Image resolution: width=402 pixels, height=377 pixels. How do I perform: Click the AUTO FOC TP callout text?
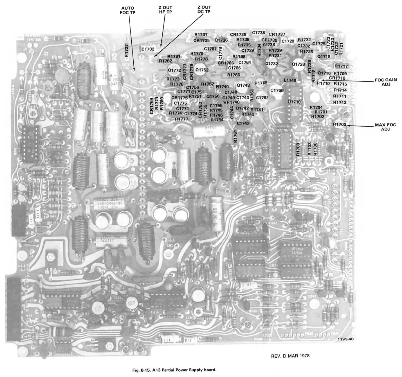127,10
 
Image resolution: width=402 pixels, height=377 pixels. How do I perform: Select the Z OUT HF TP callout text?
165,10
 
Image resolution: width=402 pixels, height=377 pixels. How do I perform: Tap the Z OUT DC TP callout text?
204,9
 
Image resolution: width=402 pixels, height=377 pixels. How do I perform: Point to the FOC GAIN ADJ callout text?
386,82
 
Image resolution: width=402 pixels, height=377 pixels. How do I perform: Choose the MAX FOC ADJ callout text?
385,127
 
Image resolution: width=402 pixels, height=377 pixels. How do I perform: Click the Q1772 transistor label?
174,70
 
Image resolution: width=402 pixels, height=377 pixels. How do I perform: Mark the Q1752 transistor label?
202,70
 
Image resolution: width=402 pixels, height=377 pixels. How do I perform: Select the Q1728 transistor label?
298,64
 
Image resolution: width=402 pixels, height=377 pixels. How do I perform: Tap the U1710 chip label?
294,102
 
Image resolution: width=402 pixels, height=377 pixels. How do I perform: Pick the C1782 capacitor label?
148,49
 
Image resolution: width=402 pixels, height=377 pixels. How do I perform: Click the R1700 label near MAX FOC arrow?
339,124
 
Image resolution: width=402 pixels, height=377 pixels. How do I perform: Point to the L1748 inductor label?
290,80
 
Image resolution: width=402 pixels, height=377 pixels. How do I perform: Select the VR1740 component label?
231,102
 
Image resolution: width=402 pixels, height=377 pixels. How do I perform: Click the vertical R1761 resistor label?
235,136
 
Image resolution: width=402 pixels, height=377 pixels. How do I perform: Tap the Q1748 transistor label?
243,85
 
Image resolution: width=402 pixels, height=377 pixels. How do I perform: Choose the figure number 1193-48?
346,339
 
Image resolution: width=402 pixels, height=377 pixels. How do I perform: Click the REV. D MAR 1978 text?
290,356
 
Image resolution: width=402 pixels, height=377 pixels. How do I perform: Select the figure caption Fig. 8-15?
174,370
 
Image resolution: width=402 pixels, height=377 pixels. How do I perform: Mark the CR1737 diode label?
277,34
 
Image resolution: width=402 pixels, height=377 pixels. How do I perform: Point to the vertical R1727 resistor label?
127,51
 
